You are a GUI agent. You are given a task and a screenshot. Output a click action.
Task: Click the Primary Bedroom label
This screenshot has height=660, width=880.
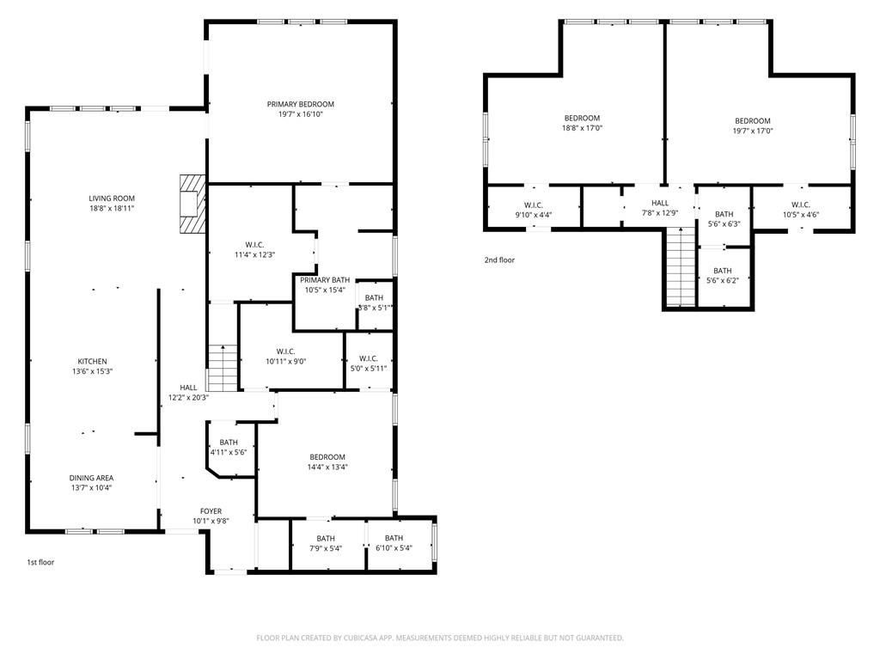click(x=300, y=104)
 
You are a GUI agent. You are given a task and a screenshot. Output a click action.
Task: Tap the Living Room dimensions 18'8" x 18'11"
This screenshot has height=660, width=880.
click(x=112, y=208)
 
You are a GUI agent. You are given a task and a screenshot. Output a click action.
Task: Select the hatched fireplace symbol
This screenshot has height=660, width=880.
click(x=192, y=204)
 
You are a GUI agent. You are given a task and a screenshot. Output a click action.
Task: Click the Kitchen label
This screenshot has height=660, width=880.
click(x=92, y=362)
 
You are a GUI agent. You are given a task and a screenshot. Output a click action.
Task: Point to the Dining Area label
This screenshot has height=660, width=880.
click(x=91, y=478)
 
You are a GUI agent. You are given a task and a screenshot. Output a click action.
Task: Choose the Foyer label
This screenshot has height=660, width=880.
click(x=211, y=511)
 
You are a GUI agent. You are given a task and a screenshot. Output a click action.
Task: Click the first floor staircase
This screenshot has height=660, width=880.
click(x=223, y=368)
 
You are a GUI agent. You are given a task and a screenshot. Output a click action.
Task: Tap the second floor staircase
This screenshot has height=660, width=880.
click(x=681, y=266)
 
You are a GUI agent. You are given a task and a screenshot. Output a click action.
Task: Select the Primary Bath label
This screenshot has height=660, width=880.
click(x=325, y=280)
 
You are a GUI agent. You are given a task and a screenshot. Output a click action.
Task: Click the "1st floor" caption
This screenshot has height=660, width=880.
click(x=40, y=562)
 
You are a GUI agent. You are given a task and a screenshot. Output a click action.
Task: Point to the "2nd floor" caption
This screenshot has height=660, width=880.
click(x=499, y=260)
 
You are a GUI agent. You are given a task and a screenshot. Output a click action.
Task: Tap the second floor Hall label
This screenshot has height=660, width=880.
click(x=660, y=203)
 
